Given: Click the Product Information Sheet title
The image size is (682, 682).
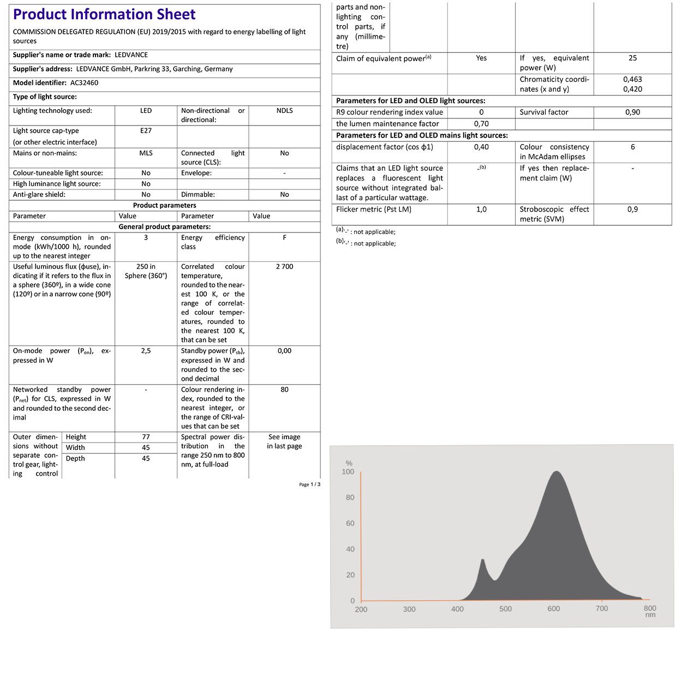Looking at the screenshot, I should pos(104,14).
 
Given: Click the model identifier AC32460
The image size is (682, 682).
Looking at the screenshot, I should pos(84,83).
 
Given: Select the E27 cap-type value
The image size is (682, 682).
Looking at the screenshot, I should pos(146,131).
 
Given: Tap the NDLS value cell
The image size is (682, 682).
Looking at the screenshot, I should pos(284,111).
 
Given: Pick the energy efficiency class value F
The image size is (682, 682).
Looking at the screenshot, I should pos(284,238).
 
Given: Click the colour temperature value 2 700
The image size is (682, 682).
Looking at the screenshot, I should pos(284,267).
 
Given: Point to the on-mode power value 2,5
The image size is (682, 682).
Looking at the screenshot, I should pos(146,351).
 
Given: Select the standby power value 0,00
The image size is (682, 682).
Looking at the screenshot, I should pos(284,351).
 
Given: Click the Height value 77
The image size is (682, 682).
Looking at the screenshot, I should pos(146,437).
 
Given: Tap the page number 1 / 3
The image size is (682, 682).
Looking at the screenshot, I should pos(315,484).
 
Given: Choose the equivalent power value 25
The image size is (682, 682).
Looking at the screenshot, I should pos(632,58).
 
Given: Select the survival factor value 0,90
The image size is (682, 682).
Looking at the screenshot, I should pos(632,112).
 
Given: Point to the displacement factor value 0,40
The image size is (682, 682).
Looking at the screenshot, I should pos(481,147).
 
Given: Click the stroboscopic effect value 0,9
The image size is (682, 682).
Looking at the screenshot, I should pos(632,210).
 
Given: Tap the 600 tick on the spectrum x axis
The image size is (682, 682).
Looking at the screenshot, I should pos(554,609).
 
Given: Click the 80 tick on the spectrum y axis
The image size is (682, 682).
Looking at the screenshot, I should pos(350,498).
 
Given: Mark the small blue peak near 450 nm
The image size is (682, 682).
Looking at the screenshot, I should pos(482,560).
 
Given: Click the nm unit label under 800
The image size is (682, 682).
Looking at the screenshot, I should pos(650,615).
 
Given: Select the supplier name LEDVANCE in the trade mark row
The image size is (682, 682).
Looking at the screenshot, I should pos(131,55).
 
